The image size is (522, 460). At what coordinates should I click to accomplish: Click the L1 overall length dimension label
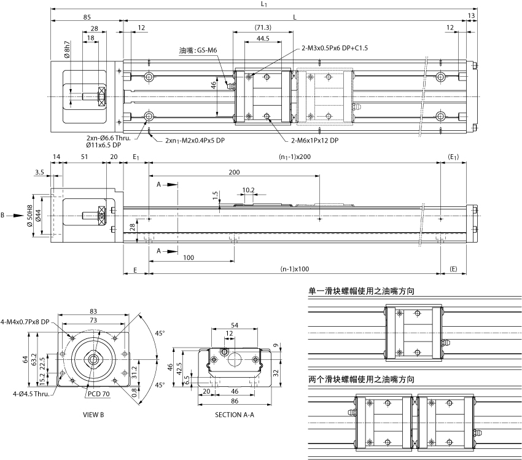coord(263,4)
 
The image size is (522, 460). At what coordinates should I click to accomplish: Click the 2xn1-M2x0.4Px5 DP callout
coord(195,141)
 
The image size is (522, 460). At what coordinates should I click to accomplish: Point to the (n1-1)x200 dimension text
coord(294,157)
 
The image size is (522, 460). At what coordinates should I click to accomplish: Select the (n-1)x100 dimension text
coord(294,269)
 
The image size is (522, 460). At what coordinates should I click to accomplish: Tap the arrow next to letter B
coord(16,216)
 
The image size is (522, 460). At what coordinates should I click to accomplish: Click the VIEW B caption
coord(93,415)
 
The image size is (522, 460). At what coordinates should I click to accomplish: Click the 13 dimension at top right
coord(471,15)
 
